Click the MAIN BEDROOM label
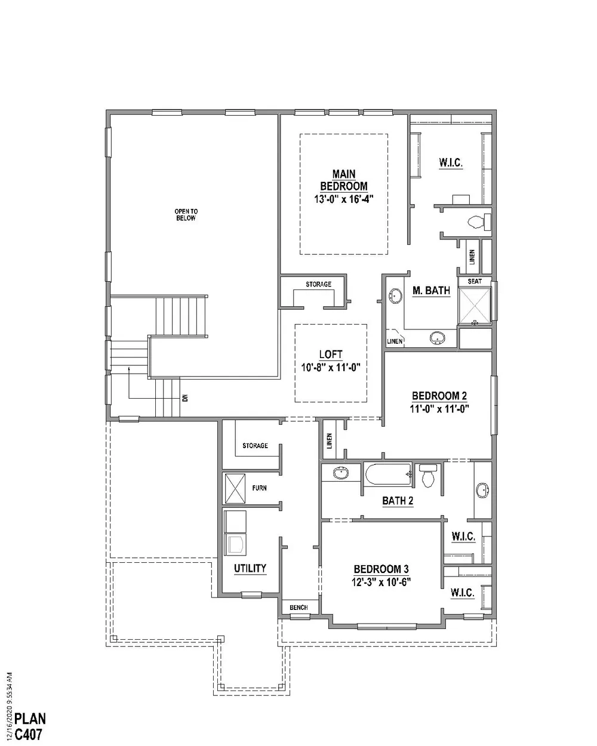(343, 180)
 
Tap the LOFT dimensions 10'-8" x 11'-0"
(331, 368)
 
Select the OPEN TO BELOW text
(186, 215)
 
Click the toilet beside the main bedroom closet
(479, 222)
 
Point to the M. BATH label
(431, 291)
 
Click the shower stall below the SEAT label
(475, 306)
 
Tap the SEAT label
(475, 281)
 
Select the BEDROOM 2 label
(439, 396)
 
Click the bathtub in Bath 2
(387, 474)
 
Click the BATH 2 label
(398, 501)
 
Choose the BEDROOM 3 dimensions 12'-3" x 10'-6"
(381, 582)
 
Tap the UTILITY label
(250, 568)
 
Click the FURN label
(259, 488)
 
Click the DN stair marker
(185, 397)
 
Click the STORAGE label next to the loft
(318, 284)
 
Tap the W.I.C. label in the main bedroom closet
(451, 162)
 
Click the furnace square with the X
(235, 488)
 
